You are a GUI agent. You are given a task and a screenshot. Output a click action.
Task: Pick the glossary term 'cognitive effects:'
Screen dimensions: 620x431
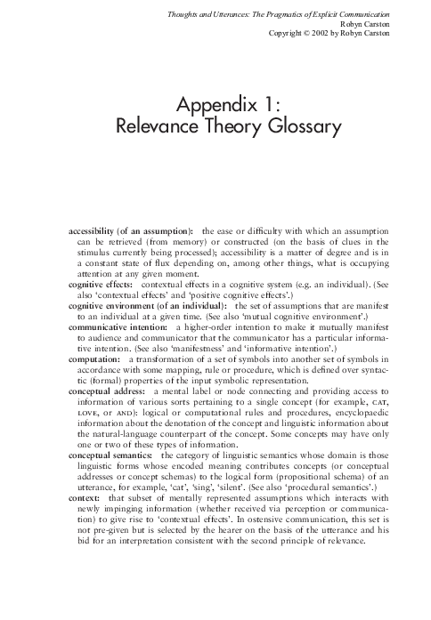(101, 283)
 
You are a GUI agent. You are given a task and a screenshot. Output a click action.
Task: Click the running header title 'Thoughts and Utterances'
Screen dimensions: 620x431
(215, 10)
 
